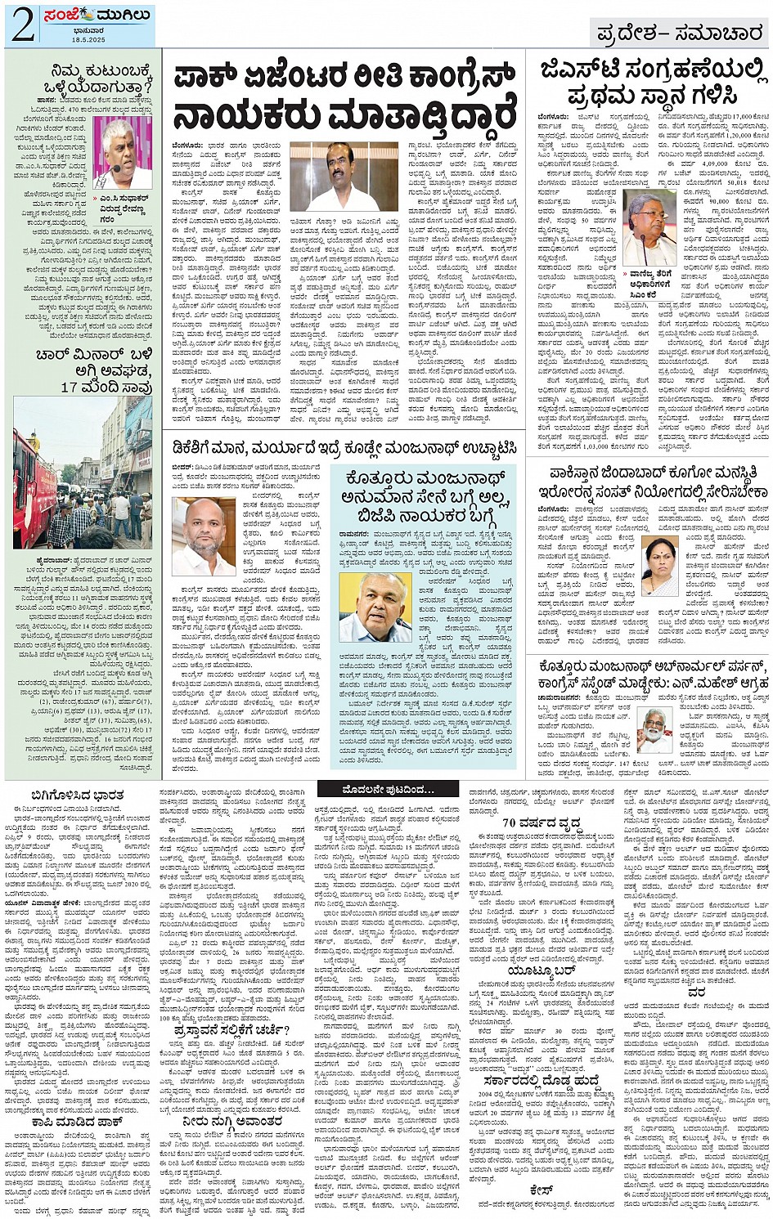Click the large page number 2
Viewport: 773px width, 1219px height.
point(22,25)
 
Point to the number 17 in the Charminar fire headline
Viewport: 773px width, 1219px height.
point(70,387)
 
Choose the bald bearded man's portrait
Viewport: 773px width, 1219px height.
point(202,537)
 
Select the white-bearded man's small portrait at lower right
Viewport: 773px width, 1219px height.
point(654,729)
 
